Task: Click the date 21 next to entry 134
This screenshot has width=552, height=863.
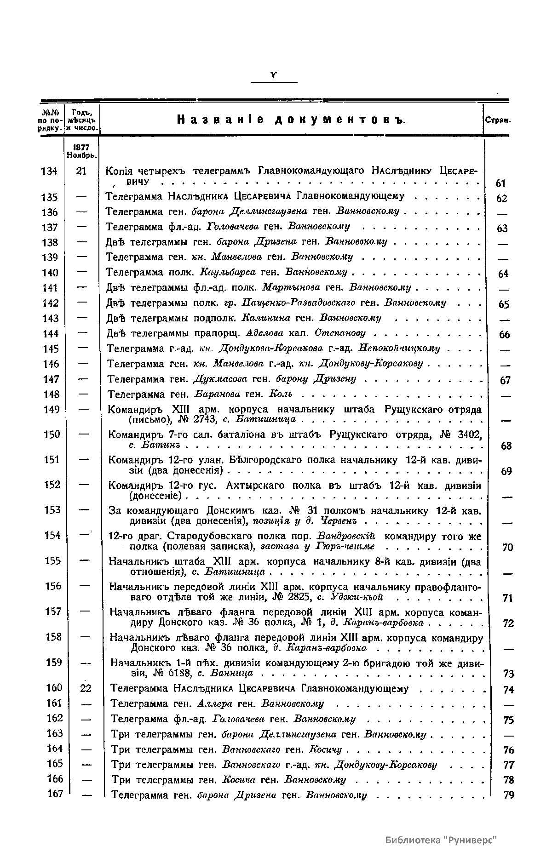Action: [x=81, y=171]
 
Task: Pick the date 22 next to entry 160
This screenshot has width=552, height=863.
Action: [x=86, y=688]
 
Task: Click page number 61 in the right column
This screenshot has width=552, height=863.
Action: [x=501, y=183]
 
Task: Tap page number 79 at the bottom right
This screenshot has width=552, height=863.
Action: [x=508, y=794]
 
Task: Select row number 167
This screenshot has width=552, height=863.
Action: [x=55, y=794]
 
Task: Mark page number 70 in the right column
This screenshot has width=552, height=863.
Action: [x=507, y=547]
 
